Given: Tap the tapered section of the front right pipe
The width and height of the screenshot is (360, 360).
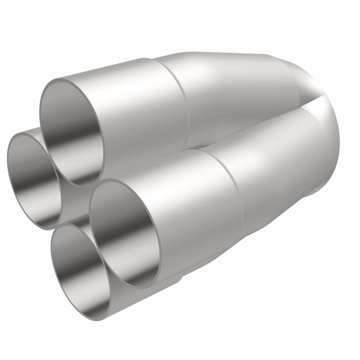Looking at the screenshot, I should click(279, 162).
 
